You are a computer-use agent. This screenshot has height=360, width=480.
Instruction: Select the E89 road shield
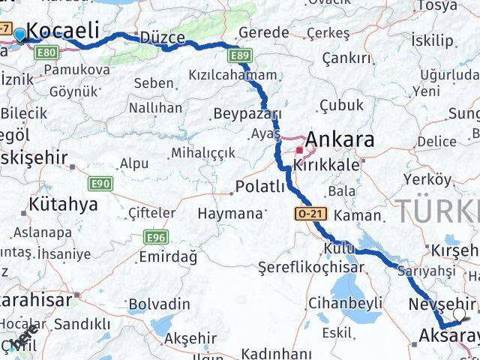pos(240,55)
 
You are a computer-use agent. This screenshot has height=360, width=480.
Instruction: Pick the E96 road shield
pos(155,237)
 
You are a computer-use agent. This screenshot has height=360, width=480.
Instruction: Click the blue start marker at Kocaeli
pos(19,34)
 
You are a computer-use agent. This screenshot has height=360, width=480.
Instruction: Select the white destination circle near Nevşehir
pos(459,314)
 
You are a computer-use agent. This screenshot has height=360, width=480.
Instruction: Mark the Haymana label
pos(229,213)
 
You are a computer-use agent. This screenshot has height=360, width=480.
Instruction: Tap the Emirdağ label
pos(168,256)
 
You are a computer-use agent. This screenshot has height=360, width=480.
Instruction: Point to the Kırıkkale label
pos(326,165)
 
